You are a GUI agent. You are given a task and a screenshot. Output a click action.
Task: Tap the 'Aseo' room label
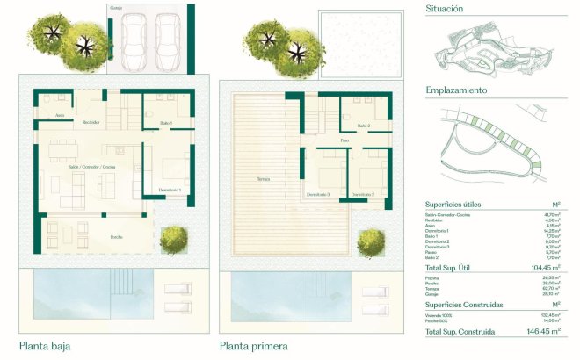[60, 115]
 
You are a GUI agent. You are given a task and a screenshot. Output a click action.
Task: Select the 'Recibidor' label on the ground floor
[91, 122]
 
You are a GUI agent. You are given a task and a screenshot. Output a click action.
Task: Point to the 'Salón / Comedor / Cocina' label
[91, 166]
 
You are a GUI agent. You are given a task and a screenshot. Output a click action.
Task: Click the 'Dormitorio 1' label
[170, 190]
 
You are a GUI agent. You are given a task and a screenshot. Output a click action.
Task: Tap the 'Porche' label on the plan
[116, 238]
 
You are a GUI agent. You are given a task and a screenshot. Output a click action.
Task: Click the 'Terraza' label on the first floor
[263, 178]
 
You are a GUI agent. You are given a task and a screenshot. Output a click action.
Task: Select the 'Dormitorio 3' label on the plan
[318, 194]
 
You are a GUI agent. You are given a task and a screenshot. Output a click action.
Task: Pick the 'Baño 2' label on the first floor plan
[364, 126]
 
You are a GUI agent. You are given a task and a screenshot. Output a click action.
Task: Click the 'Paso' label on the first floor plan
[344, 140]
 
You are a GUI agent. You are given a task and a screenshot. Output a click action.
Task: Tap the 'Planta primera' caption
[255, 346]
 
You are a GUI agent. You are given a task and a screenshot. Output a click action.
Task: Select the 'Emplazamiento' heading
[457, 90]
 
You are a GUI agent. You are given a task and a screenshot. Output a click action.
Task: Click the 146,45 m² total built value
[543, 332]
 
